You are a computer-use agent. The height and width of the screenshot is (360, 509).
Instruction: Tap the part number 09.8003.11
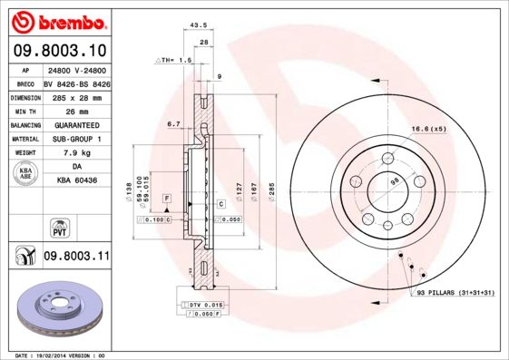point(76,258)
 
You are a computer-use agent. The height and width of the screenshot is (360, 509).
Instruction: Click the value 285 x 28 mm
point(76,96)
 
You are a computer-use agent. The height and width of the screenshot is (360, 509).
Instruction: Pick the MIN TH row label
point(24,111)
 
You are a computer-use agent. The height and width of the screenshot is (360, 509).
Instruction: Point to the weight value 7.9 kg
point(76,153)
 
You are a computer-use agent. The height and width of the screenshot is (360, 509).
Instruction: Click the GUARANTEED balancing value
point(76,124)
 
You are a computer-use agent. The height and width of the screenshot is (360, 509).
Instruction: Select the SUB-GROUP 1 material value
point(76,139)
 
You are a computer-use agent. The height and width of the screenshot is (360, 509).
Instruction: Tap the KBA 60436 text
point(76,181)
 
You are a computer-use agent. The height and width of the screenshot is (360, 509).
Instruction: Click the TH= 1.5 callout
point(175,60)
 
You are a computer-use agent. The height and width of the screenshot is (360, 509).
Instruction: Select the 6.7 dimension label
point(174,124)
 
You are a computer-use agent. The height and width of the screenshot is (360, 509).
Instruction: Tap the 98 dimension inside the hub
point(394,182)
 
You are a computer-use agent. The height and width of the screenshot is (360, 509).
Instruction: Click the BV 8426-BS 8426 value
point(76,82)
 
